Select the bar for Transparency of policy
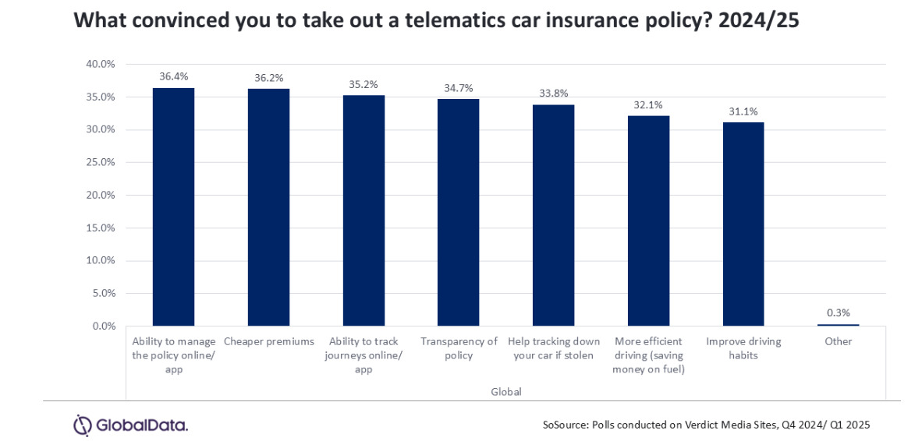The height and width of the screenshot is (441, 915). pyautogui.click(x=458, y=212)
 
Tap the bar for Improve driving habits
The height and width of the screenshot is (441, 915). pyautogui.click(x=743, y=224)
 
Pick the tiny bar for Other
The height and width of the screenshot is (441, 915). pyautogui.click(x=839, y=324)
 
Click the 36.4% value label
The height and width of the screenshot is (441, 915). pyautogui.click(x=173, y=76)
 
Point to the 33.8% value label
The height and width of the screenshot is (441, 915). pyautogui.click(x=553, y=93)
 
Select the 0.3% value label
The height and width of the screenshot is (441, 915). pyautogui.click(x=839, y=312)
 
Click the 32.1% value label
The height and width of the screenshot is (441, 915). pyautogui.click(x=648, y=104)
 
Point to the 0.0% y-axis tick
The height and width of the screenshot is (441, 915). pyautogui.click(x=104, y=326)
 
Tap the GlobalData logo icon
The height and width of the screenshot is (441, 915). pyautogui.click(x=83, y=425)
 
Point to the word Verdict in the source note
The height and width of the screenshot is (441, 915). pyautogui.click(x=698, y=425)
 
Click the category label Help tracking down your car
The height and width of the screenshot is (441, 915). pyautogui.click(x=553, y=349)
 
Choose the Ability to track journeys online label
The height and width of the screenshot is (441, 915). pyautogui.click(x=364, y=355)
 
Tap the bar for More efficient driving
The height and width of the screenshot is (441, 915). pyautogui.click(x=648, y=220)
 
